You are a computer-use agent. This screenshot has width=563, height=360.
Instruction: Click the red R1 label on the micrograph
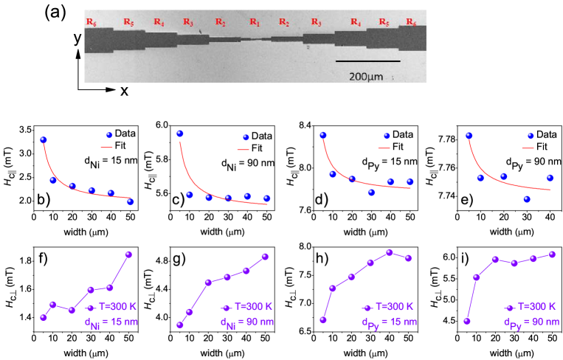(255, 22)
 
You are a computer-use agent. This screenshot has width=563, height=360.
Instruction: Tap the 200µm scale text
(367, 76)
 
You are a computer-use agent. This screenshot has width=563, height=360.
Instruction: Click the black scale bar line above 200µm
(367, 61)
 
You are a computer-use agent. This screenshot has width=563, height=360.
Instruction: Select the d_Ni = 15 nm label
(111, 322)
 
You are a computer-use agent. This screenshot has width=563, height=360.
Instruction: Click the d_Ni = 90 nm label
(247, 322)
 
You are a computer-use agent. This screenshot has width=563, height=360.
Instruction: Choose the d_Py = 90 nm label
(529, 322)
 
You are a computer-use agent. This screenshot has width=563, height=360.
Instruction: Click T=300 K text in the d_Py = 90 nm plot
(536, 306)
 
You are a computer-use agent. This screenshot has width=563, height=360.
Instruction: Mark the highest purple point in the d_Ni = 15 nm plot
(128, 255)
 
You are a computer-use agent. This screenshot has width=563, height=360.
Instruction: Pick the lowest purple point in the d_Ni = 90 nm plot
(180, 325)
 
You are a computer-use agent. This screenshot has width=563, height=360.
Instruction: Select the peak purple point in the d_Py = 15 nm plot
(390, 252)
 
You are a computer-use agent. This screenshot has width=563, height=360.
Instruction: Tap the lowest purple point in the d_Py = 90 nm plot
(467, 321)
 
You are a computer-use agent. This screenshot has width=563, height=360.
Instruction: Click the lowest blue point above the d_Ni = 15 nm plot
(131, 201)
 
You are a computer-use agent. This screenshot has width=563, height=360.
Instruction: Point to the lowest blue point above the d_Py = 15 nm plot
(371, 192)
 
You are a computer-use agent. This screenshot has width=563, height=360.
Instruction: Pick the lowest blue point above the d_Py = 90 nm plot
(527, 199)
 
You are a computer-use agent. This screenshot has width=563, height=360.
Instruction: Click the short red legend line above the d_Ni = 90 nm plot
(243, 150)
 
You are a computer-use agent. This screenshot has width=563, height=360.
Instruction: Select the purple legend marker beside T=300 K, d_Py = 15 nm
(367, 308)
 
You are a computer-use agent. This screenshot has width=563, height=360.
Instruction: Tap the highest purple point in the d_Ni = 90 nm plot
(265, 257)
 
